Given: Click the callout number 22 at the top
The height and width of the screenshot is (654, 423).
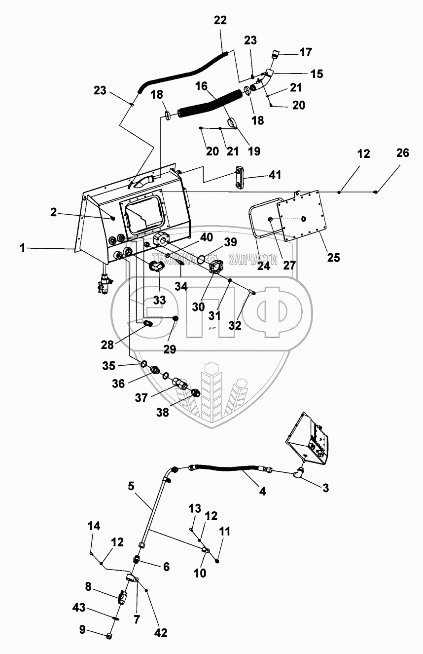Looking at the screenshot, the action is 220,20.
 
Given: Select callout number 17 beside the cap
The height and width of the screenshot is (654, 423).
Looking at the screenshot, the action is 306,52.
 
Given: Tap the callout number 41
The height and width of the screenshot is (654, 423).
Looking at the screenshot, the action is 275,175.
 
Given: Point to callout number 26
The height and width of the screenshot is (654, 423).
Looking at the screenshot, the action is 403,153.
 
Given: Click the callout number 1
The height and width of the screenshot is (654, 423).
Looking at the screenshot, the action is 23,248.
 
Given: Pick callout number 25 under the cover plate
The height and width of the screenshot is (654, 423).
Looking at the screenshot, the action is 333,258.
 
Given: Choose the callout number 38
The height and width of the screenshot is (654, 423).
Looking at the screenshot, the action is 162,412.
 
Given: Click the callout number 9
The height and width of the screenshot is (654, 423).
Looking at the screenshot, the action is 82,629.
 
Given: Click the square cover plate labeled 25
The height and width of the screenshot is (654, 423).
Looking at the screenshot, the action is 302,216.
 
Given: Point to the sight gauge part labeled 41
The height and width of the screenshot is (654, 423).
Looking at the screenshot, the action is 239,177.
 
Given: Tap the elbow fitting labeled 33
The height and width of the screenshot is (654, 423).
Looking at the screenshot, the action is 157,266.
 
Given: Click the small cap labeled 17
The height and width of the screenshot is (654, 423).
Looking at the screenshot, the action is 276,54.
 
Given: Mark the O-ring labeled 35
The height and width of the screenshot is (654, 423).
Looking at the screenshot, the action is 144,364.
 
